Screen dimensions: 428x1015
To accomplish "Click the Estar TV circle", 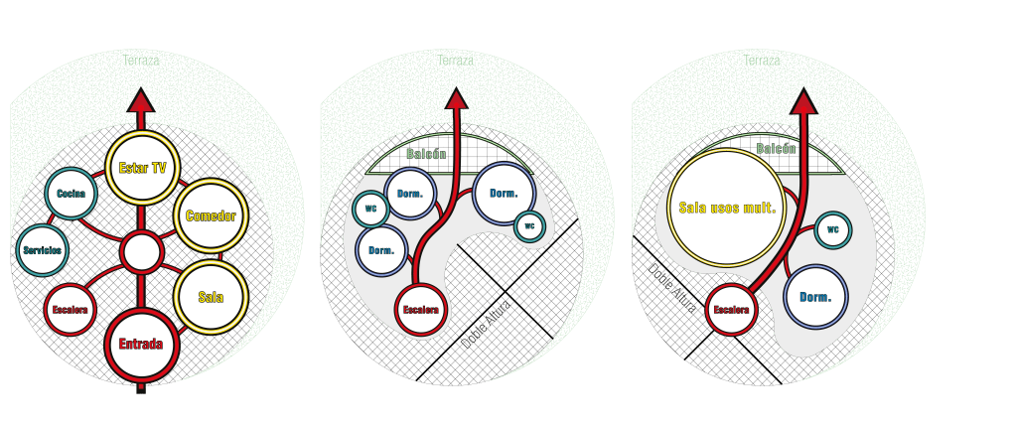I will click(141, 167).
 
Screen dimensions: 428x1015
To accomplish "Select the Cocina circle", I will click(71, 193).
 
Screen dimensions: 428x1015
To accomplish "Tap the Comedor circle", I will click(211, 215).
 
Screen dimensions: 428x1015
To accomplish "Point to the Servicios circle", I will click(42, 249).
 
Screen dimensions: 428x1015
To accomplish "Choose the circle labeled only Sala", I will click(211, 296).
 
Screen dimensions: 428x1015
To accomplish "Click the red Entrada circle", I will click(141, 345).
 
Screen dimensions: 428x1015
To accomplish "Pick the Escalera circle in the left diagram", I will click(70, 309).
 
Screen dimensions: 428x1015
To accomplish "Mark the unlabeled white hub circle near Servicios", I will click(141, 252).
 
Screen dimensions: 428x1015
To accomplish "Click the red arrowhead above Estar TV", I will click(141, 99).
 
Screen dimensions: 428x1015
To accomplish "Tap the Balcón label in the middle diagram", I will click(426, 155).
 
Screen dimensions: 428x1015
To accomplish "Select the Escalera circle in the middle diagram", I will click(420, 310).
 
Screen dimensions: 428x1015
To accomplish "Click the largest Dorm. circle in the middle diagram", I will click(504, 193).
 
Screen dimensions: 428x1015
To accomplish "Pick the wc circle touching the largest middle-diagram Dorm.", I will click(529, 225).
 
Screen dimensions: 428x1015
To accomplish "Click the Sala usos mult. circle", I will click(727, 208).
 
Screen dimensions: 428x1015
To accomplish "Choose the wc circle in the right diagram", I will click(833, 229).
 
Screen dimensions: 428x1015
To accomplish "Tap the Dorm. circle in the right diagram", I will click(815, 297).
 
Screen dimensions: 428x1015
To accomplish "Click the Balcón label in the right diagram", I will click(777, 149).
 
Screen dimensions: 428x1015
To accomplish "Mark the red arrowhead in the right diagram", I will click(803, 100).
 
